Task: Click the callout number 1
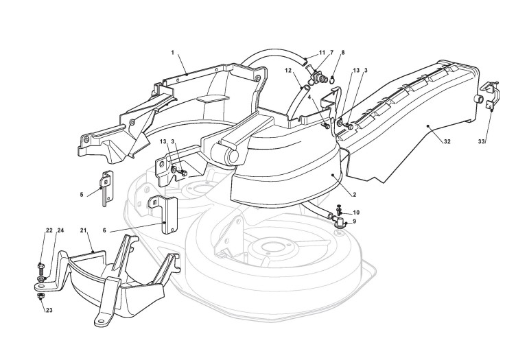coord(173,52)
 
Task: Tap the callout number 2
coord(353,195)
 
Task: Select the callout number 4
coord(309,97)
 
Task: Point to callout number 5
coord(81,195)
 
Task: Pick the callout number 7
coord(331,53)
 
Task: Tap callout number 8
coord(343,53)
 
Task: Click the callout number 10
coord(355,212)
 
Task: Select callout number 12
coord(289,71)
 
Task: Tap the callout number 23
coord(49,310)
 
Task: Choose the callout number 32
coord(447,143)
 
